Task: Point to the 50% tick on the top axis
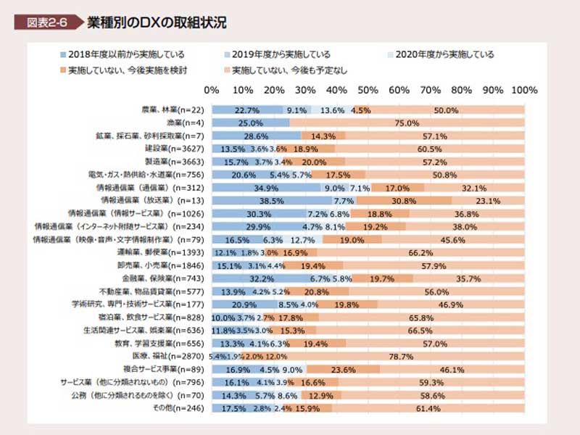(x=368, y=91)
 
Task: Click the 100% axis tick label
(x=523, y=91)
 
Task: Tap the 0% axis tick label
(x=212, y=91)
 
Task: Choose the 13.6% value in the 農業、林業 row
(x=332, y=110)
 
